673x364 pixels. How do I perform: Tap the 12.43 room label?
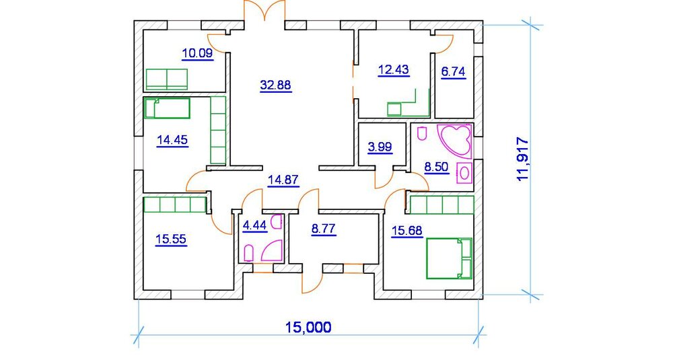(394, 69)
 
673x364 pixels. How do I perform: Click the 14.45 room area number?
(172, 140)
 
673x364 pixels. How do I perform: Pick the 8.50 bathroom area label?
(437, 166)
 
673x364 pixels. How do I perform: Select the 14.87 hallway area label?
(283, 180)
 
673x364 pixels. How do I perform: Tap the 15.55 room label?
(172, 240)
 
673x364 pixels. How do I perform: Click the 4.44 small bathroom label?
(254, 227)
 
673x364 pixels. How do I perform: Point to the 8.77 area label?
(324, 229)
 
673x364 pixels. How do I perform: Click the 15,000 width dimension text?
(308, 328)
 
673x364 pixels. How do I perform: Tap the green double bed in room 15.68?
(449, 258)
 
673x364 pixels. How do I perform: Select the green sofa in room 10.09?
(167, 78)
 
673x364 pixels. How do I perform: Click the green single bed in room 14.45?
(168, 108)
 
